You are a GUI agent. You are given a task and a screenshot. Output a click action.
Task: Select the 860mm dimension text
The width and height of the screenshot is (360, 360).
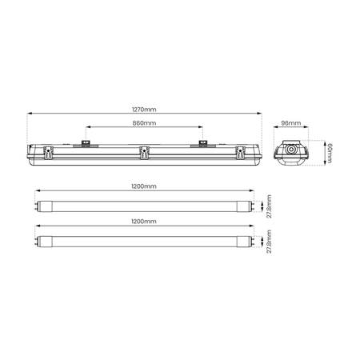[145, 123]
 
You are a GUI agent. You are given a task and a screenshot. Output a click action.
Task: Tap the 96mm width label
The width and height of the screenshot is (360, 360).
[291, 124]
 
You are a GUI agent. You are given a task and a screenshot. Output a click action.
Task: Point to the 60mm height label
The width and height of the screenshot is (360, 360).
[330, 153]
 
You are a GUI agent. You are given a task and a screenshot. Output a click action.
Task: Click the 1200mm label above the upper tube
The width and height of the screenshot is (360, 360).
[145, 186]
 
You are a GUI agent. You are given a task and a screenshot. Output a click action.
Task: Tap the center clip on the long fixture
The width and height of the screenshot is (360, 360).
[145, 151]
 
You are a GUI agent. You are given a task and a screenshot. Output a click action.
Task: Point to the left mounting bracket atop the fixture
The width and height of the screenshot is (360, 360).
[86, 144]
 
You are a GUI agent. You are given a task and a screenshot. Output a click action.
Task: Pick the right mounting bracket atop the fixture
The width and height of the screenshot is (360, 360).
[203, 144]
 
